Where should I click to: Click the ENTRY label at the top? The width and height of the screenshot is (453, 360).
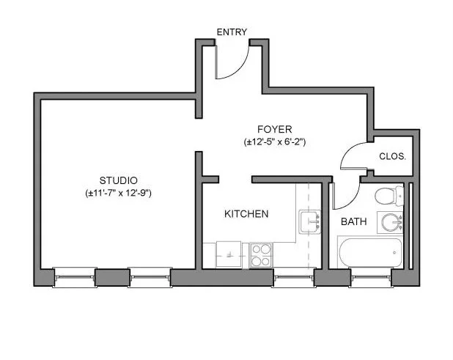232,32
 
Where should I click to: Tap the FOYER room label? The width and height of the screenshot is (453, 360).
274,129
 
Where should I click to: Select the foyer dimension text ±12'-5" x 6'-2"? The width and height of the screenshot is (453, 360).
274,142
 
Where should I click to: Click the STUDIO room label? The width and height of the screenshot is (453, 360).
118,180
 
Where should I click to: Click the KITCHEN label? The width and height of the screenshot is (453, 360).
246,214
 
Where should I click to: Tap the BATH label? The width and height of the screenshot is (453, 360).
353,221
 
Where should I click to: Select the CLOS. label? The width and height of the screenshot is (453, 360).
392,157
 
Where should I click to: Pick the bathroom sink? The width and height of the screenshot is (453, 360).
391,221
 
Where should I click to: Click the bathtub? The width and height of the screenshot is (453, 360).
370,252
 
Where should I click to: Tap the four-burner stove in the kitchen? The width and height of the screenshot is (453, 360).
260,255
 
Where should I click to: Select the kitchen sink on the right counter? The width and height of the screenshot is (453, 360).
309,221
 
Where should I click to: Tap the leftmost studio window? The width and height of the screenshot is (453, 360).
74,276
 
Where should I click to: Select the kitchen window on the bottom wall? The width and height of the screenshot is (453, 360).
292,276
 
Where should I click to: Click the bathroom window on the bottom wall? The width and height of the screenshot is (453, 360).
370,276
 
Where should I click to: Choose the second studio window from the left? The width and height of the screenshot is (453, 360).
150,276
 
